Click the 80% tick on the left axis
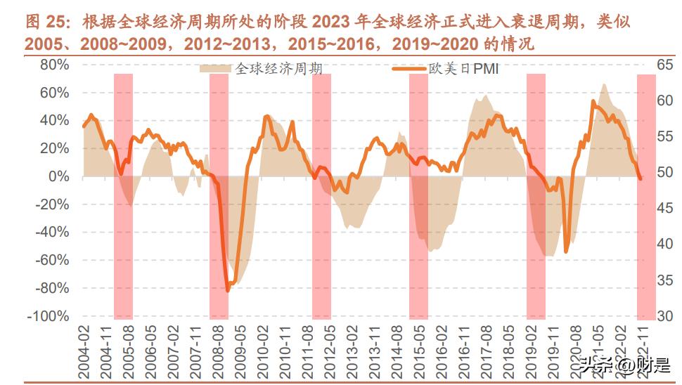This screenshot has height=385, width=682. tap(49, 65)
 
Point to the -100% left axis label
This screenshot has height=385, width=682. tap(46, 316)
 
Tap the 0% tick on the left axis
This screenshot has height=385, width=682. tap(57, 176)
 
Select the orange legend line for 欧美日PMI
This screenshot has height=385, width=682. tap(410, 69)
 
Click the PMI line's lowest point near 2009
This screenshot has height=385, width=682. tap(228, 290)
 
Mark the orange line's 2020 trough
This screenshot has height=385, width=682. tap(567, 251)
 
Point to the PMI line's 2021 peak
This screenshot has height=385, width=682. tap(593, 103)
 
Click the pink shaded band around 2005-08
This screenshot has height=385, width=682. tap(124, 197)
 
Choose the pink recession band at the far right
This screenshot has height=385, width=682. tap(646, 197)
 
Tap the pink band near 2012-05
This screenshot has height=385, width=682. tap(321, 197)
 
